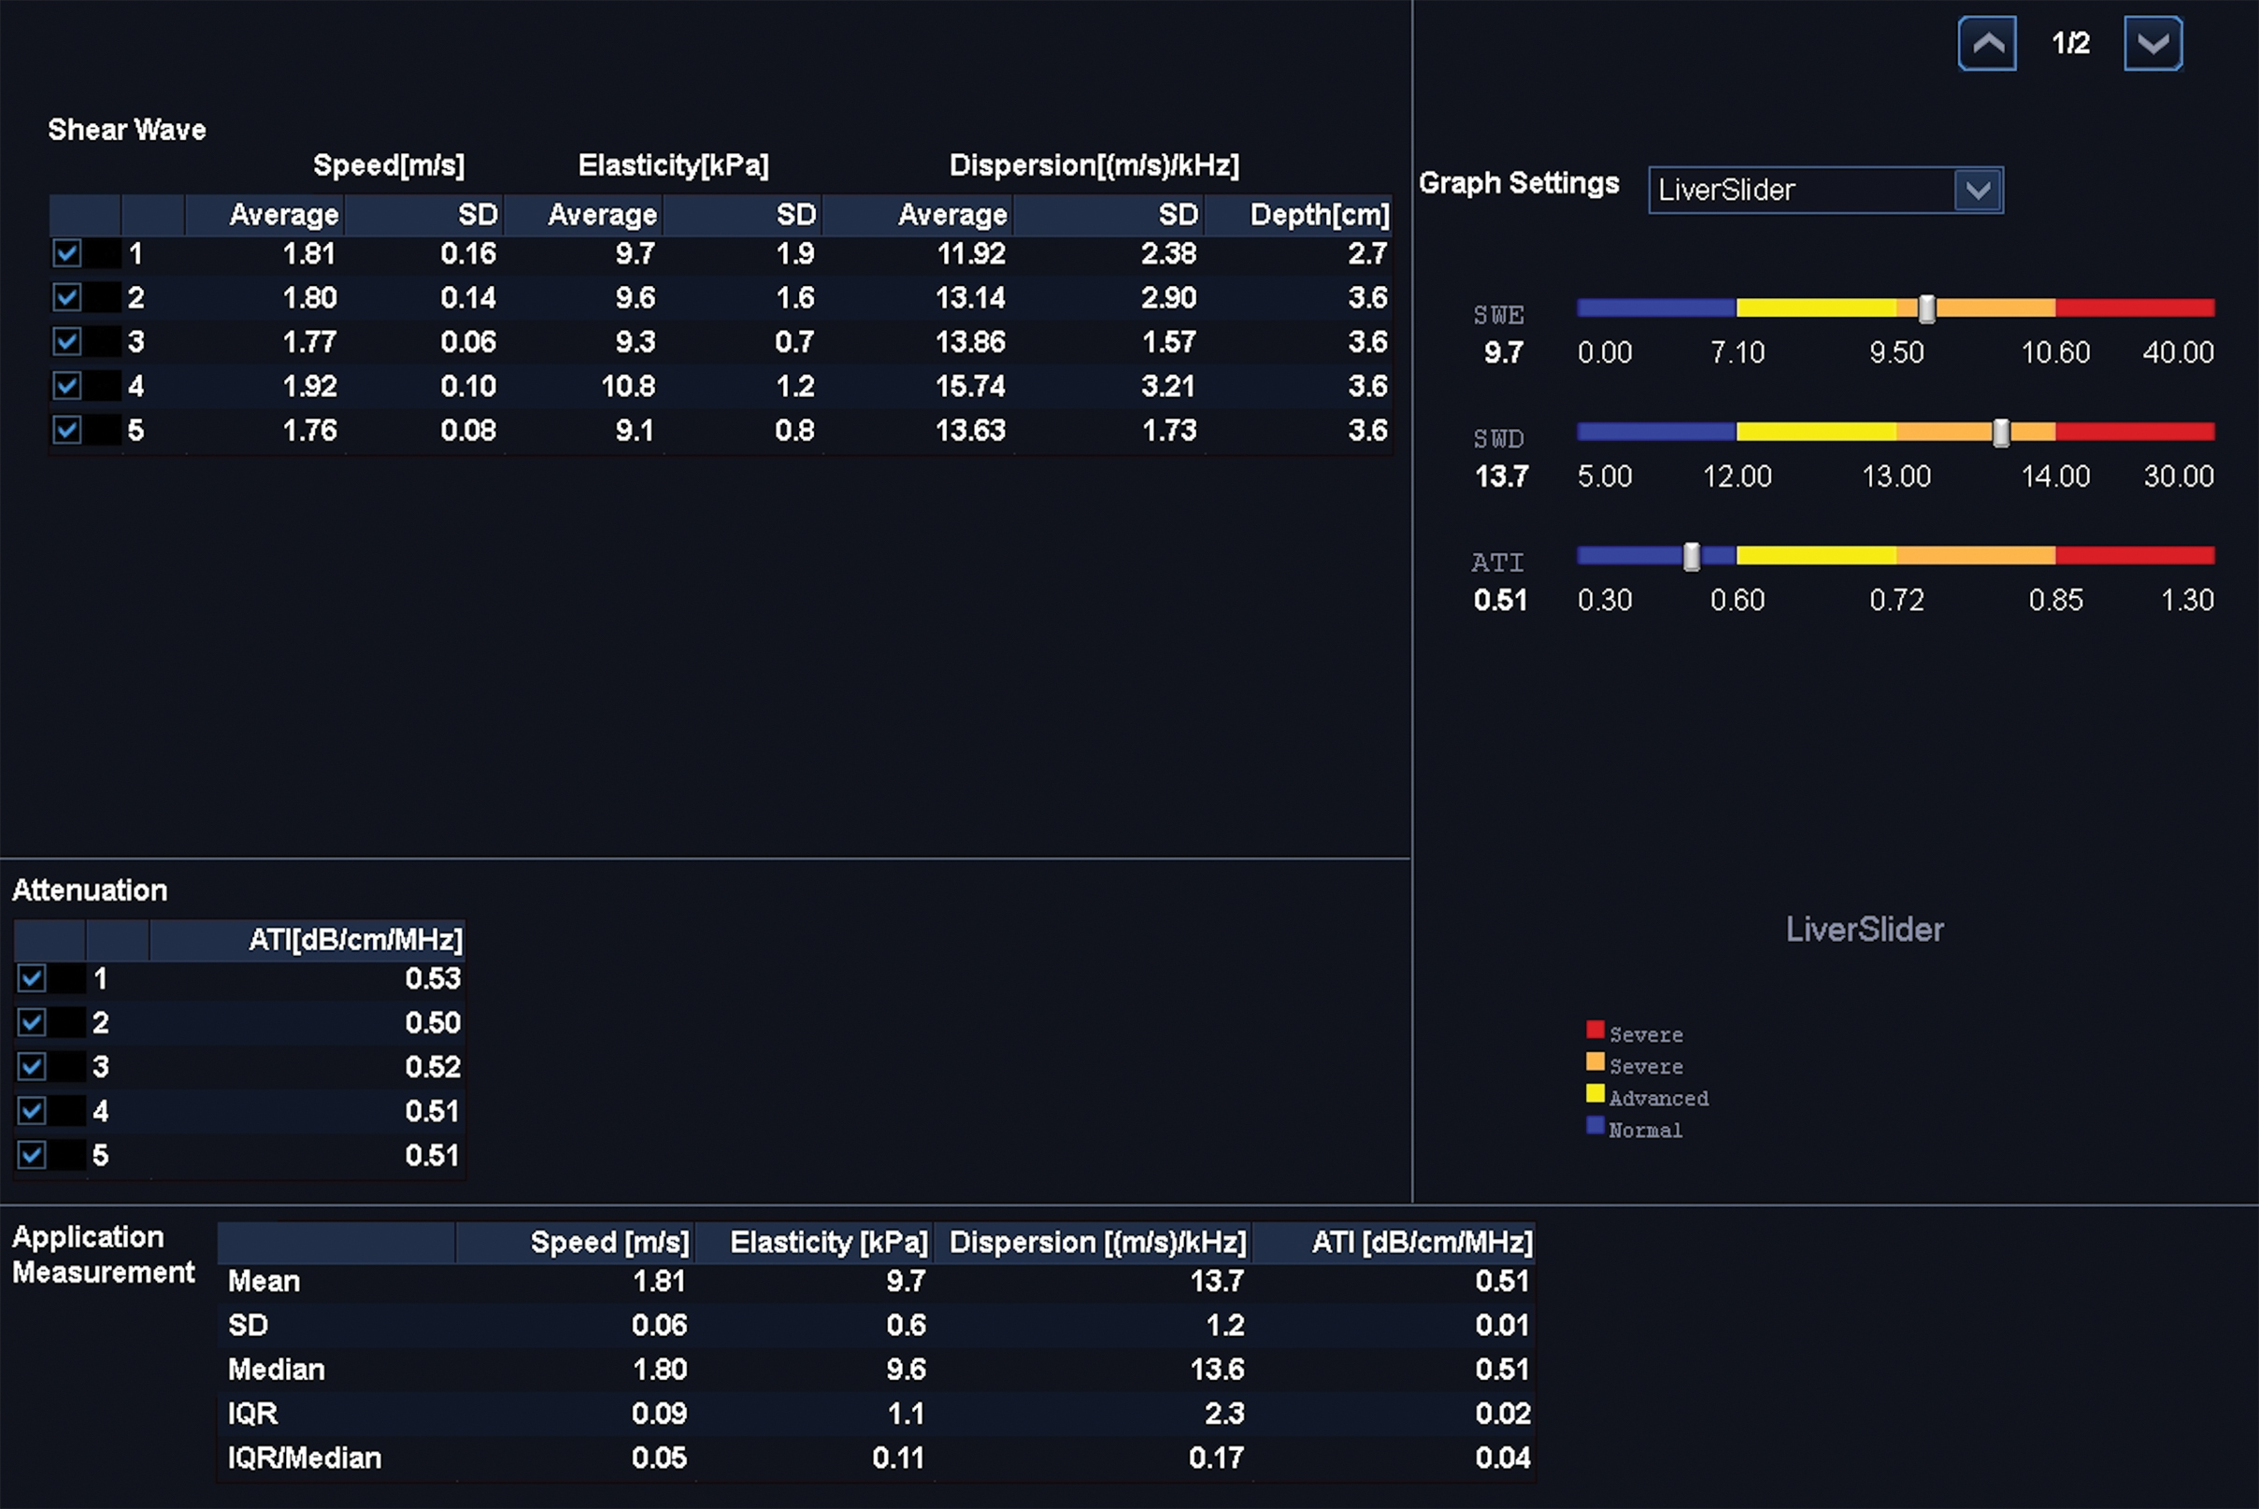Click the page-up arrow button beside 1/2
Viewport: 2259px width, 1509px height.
(x=1987, y=43)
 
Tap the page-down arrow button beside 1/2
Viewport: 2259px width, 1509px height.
(x=2152, y=43)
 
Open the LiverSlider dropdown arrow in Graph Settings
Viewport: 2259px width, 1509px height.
(x=1978, y=190)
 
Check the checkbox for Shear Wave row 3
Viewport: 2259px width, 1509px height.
(x=67, y=342)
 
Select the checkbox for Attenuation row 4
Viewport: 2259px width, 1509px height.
(x=32, y=1111)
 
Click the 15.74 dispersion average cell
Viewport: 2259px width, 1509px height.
(x=969, y=386)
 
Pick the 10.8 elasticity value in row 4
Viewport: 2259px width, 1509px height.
(x=627, y=386)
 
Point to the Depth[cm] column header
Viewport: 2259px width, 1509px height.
(x=1319, y=215)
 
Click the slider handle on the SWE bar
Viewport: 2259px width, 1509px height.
(x=1927, y=309)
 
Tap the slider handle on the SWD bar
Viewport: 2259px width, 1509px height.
(x=2001, y=433)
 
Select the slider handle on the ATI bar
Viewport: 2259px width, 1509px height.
(x=1691, y=556)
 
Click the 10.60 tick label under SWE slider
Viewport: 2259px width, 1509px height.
(x=2055, y=352)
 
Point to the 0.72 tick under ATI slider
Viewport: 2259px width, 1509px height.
(x=1896, y=601)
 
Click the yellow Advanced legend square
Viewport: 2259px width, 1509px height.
(x=1594, y=1094)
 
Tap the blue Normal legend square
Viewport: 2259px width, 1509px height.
(x=1594, y=1126)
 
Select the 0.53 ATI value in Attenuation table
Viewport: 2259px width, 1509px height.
(x=432, y=978)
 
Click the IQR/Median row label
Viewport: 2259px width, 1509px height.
(x=304, y=1458)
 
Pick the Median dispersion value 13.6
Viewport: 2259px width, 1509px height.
(x=1217, y=1370)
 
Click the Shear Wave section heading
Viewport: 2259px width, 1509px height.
(x=127, y=130)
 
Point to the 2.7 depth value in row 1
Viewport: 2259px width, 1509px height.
(x=1366, y=254)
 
